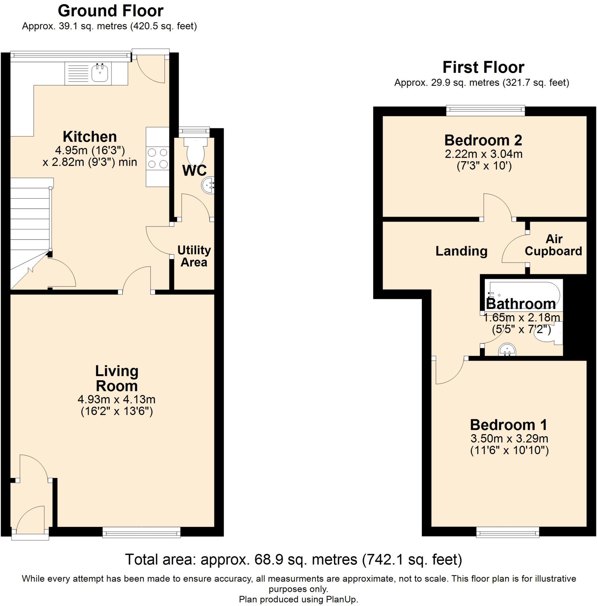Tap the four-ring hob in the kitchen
pyautogui.click(x=157, y=158)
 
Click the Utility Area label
pyautogui.click(x=194, y=256)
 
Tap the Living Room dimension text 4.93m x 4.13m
pyautogui.click(x=117, y=399)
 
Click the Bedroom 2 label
pyautogui.click(x=483, y=140)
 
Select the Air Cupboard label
pyautogui.click(x=554, y=245)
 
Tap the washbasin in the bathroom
pyautogui.click(x=507, y=349)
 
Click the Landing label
pyautogui.click(x=461, y=251)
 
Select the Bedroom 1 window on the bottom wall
pyautogui.click(x=508, y=532)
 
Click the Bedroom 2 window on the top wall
pyautogui.click(x=485, y=110)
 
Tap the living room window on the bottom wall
pyautogui.click(x=141, y=532)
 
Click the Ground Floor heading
pyautogui.click(x=110, y=11)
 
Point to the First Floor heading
pyautogui.click(x=483, y=67)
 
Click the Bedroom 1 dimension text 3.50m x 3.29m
pyautogui.click(x=509, y=438)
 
